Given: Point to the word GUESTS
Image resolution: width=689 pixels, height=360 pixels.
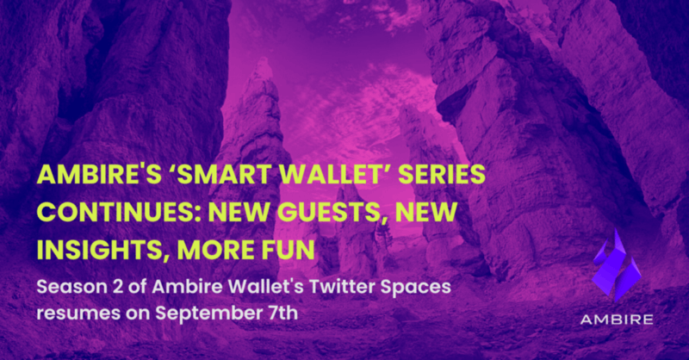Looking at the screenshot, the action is click(329, 212).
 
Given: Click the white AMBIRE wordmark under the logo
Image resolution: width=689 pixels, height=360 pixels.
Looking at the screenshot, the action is click(617, 320).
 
